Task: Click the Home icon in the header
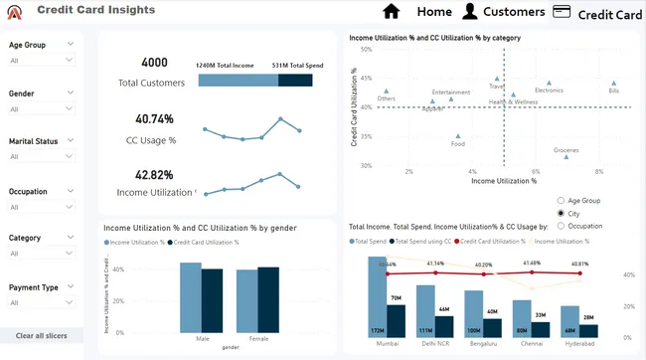392,11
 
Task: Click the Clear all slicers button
42,336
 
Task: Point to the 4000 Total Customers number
155,63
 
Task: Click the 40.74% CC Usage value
155,118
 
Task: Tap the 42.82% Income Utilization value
155,174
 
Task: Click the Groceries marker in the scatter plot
566,156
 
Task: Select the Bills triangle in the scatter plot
614,84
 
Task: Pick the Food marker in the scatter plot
458,136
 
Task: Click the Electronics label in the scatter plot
549,90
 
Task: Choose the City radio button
562,213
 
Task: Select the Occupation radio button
562,226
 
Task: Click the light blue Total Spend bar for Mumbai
377,296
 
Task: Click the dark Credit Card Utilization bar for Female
268,302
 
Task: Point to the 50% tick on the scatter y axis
366,49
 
